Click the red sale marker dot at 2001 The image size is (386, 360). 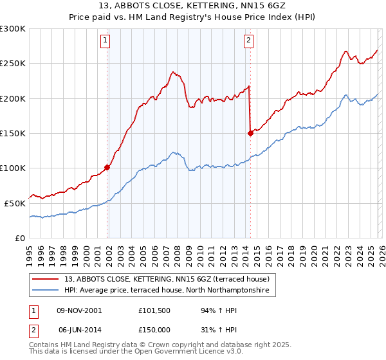coord(107,167)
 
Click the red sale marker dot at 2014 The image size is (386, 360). coord(250,133)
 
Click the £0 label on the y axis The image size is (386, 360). coord(19,238)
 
